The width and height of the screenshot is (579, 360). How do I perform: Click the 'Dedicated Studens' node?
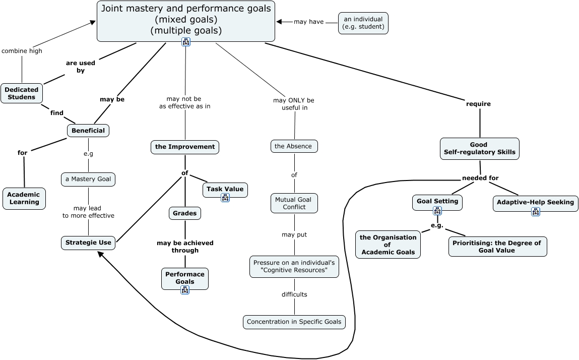(22, 93)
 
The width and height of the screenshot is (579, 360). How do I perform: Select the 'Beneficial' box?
(88, 131)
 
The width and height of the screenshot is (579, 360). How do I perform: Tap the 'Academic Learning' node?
(24, 198)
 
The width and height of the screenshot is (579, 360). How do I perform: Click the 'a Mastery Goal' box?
(88, 179)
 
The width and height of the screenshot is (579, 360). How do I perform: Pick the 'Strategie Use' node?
(88, 243)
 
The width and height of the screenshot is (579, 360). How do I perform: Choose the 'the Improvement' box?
(185, 147)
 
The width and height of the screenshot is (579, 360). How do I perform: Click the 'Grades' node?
(185, 213)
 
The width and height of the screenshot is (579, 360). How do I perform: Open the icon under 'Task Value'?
(225, 197)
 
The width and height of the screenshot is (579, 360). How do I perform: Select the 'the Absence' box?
(294, 146)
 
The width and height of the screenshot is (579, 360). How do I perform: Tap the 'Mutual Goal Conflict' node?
(294, 203)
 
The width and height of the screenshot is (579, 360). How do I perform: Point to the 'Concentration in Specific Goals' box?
(294, 322)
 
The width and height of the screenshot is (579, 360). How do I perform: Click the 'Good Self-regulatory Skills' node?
(479, 148)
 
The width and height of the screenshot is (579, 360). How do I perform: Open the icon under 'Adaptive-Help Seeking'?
(536, 211)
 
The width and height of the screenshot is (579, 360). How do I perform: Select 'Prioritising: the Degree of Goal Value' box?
(497, 247)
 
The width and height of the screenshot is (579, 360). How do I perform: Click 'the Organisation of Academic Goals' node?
(388, 245)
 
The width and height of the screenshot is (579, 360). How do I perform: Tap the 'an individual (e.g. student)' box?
(363, 23)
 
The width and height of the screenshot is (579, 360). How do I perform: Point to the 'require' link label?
(478, 104)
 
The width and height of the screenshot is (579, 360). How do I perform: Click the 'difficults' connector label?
(294, 294)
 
